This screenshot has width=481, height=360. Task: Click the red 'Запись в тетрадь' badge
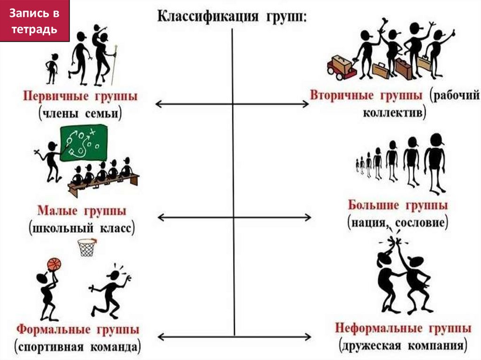[35, 22]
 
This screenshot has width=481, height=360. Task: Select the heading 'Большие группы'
[397, 205]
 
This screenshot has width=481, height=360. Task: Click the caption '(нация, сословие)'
[397, 222]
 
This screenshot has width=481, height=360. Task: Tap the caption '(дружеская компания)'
[403, 346]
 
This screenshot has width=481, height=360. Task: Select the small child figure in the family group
[52, 68]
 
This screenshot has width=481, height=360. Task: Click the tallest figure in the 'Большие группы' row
[434, 162]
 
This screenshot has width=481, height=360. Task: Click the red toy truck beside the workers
[341, 66]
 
